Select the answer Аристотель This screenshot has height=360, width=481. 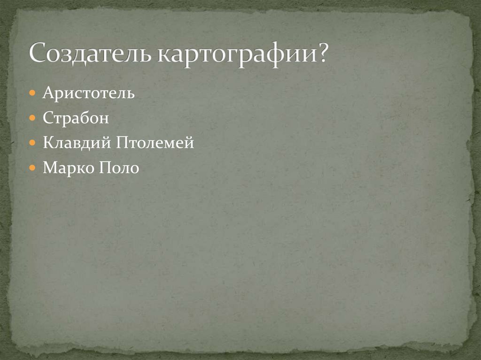89,93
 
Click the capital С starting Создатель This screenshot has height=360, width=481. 38,54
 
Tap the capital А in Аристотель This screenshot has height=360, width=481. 47,93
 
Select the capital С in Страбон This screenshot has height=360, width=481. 47,118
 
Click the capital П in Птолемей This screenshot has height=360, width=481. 116,143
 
